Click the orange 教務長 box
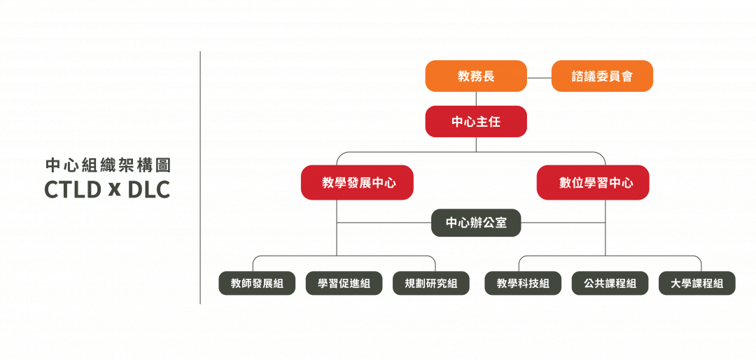tap(476, 76)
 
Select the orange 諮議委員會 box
tap(602, 76)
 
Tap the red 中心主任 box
tap(476, 122)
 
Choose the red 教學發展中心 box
tap(357, 182)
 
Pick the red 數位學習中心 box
tap(593, 182)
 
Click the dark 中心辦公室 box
tap(476, 223)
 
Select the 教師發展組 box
tap(257, 283)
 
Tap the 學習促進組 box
tap(344, 283)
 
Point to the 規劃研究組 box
tap(431, 283)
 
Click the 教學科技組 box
tap(523, 283)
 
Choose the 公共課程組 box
tap(610, 283)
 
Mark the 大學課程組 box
tap(697, 283)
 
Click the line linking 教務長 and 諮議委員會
tap(539, 78)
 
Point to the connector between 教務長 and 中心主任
tap(477, 99)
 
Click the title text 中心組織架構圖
tap(108, 165)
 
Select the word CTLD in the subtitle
tap(72, 190)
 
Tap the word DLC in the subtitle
tap(149, 190)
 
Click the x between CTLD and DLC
tap(114, 191)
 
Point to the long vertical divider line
tap(200, 178)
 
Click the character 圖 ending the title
tap(163, 165)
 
